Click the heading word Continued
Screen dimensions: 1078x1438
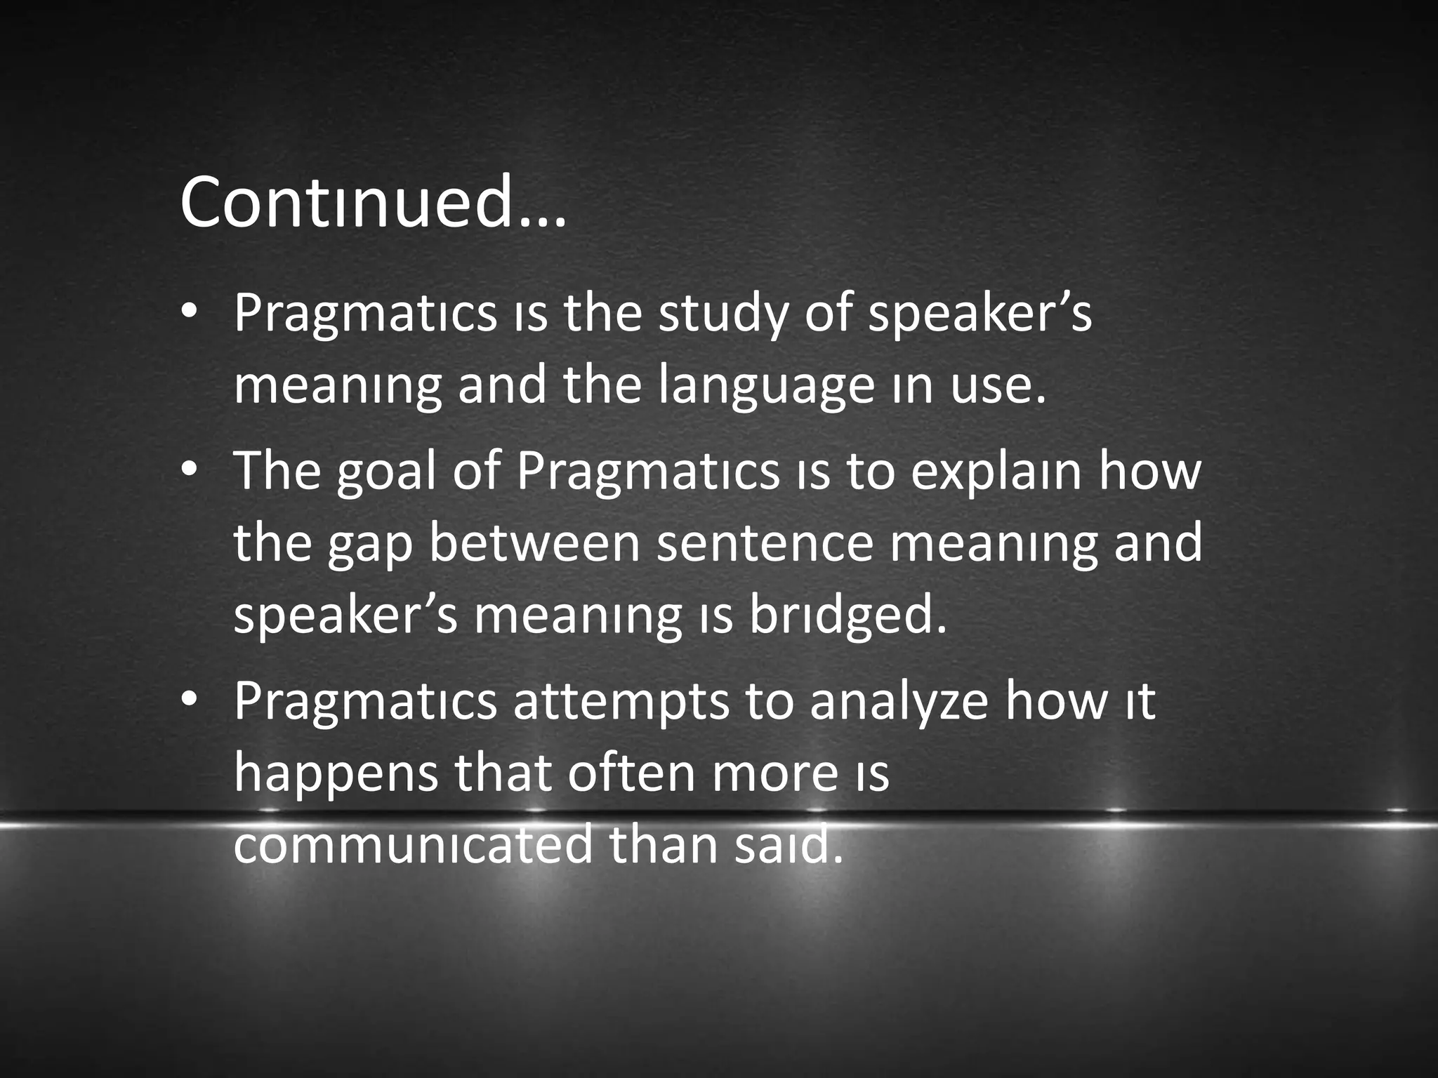(x=372, y=204)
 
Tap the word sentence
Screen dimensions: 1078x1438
(x=765, y=545)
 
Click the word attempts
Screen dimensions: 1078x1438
(x=621, y=702)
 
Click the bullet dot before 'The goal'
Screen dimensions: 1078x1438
(x=188, y=472)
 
